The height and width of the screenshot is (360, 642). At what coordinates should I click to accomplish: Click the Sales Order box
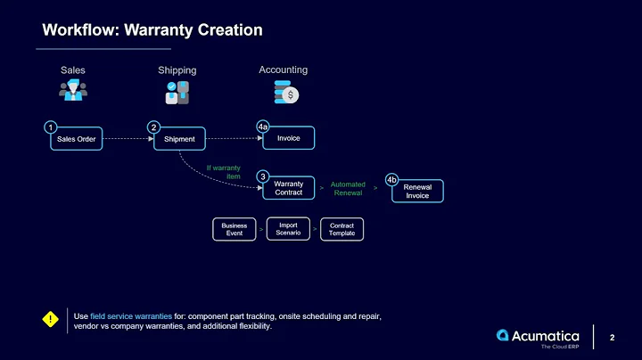tap(76, 139)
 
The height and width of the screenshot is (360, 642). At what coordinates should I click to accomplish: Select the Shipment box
tap(179, 139)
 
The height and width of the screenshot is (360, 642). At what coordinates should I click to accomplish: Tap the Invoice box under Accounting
tap(288, 138)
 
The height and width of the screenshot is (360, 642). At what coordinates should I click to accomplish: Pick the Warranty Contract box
tap(288, 188)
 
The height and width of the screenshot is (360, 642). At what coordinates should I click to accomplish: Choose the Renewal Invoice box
tap(417, 191)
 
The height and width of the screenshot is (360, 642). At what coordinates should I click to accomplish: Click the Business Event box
tap(235, 229)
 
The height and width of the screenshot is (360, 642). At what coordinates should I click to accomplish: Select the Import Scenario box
tap(288, 229)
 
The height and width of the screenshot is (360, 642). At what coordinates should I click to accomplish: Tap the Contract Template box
tap(342, 229)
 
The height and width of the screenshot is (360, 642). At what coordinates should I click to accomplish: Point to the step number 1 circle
tap(52, 127)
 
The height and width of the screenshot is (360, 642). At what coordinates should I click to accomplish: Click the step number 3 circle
tap(263, 176)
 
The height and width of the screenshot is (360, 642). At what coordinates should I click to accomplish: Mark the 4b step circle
tap(391, 180)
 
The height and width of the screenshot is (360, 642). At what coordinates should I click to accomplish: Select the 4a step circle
tap(263, 127)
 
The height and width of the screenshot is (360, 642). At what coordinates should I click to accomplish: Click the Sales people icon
tap(72, 92)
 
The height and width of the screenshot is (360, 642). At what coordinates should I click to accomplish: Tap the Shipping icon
tap(177, 92)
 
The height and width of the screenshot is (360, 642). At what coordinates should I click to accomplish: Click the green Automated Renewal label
tap(348, 188)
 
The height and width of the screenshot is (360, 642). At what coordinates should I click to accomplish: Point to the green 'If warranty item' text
tap(223, 171)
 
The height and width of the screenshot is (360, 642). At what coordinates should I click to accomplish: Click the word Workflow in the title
tap(80, 30)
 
